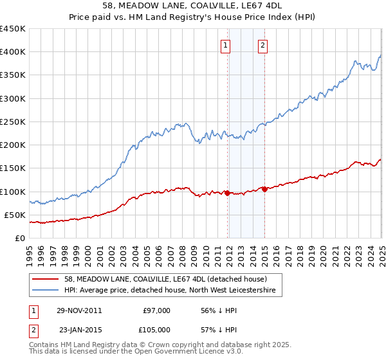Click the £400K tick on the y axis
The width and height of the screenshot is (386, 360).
click(12, 52)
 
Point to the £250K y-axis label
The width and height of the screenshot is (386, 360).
click(12, 122)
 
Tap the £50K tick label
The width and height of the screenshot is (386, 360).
click(15, 215)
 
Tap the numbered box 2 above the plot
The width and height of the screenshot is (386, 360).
click(264, 45)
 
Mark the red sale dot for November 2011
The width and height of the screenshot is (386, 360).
click(228, 193)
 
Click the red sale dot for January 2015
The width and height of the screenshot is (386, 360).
click(264, 189)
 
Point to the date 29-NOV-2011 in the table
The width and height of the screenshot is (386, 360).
click(79, 310)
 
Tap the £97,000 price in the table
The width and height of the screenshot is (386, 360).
click(156, 310)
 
